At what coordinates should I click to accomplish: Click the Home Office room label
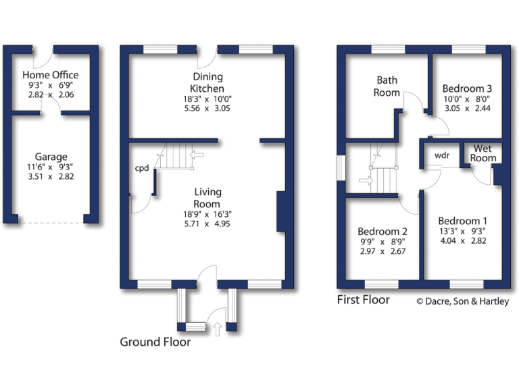pos(51,74)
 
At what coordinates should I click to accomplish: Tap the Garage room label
pos(51,157)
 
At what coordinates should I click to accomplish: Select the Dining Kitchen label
pos(207,83)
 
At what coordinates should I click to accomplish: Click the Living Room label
pos(207,198)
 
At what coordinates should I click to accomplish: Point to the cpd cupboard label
pos(142,168)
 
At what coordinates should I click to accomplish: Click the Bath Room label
pos(387,86)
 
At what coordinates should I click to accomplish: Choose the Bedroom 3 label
pos(467,88)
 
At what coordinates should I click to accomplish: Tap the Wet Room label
pos(485,153)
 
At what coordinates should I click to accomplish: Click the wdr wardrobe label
pos(442,155)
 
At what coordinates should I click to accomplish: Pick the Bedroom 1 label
pos(463,221)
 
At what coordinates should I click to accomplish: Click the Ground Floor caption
pos(155,342)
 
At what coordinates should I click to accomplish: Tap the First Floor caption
pos(364,299)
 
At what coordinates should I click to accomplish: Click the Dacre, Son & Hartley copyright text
pos(462,302)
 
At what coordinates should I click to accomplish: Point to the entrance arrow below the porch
pos(217,330)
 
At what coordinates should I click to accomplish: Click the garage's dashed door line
pos(51,223)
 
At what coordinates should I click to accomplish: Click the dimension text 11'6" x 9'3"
pos(51,167)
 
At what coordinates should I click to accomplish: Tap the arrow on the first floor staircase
pos(364,180)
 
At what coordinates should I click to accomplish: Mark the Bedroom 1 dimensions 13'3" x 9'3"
pos(463,232)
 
